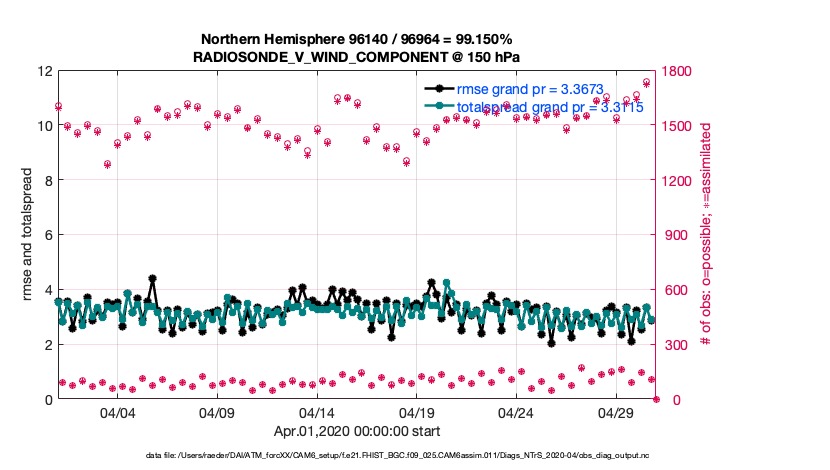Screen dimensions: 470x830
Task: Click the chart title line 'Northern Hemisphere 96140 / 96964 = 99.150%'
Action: pos(357,39)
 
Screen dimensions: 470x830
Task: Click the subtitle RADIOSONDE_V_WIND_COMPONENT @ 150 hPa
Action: pos(357,57)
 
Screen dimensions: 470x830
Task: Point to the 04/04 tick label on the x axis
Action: pos(117,413)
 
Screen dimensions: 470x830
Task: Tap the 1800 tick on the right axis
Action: pos(681,71)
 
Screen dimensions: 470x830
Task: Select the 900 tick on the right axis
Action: pos(677,235)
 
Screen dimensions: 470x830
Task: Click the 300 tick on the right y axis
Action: pos(677,345)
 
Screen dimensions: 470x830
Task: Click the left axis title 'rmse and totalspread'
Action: pos(27,235)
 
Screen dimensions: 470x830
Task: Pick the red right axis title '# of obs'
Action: pos(706,235)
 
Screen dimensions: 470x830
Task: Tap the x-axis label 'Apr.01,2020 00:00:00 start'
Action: pos(357,433)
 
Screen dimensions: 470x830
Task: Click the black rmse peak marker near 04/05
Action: pos(152,279)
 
